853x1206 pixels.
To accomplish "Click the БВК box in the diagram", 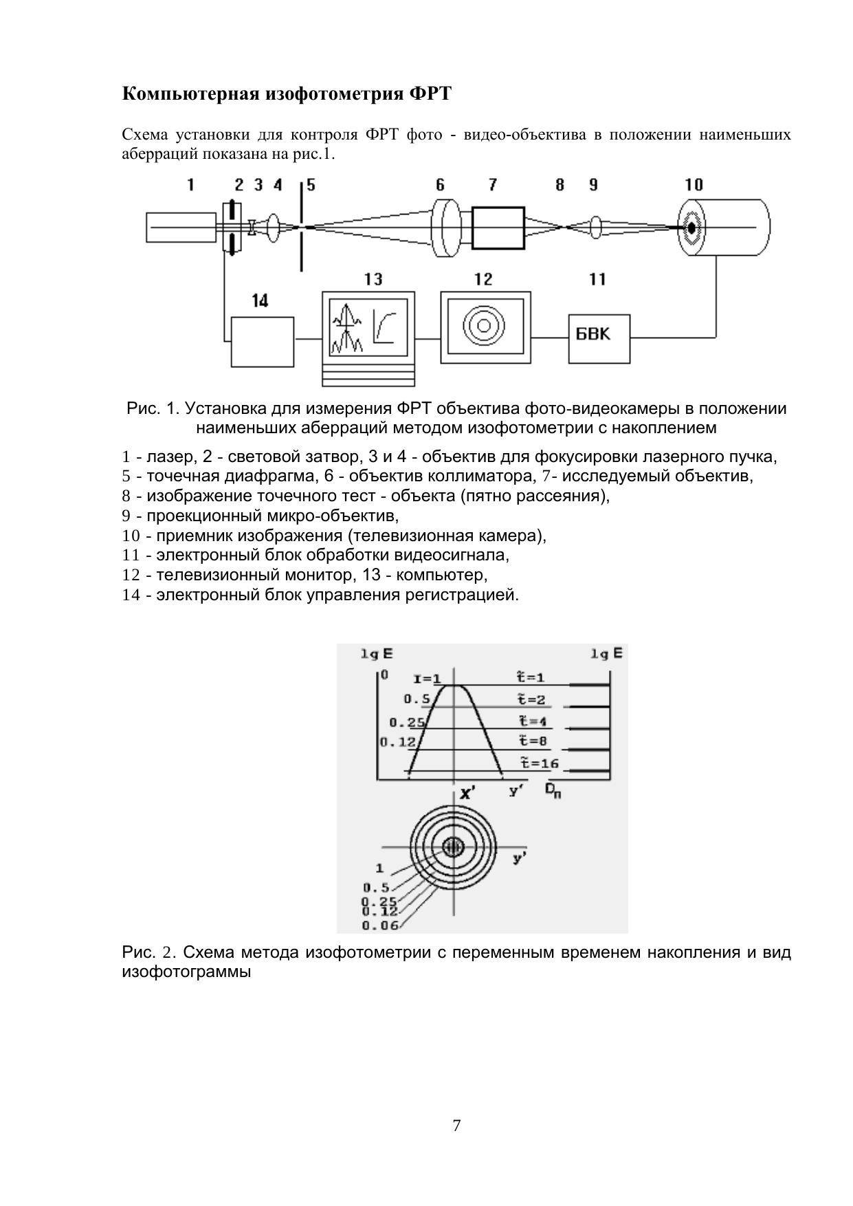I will [599, 338].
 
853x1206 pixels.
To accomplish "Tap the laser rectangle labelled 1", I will [181, 228].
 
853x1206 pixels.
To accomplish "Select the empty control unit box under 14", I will [262, 342].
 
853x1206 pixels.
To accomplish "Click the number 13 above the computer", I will [373, 279].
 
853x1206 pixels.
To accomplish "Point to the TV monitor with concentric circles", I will [485, 327].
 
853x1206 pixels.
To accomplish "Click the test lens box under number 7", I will [498, 227].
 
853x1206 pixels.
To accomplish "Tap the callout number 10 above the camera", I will [694, 184].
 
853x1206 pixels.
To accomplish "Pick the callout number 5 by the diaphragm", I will [311, 185].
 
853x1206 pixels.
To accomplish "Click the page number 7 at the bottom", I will [456, 1126].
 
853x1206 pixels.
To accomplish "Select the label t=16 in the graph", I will [539, 763].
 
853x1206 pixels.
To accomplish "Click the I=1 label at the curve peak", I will [427, 679].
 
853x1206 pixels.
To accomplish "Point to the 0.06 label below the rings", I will [380, 925].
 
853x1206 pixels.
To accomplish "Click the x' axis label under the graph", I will [468, 793].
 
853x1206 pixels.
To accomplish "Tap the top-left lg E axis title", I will [377, 654].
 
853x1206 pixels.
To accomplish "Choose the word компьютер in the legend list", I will [441, 575].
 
